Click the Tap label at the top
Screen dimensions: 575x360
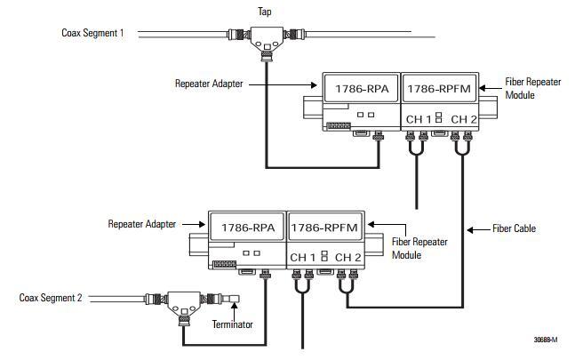click(265, 12)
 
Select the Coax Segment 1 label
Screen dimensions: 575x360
click(92, 33)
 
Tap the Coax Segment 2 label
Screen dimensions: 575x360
click(51, 298)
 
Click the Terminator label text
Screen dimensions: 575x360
click(233, 324)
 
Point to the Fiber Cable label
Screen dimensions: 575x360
click(514, 228)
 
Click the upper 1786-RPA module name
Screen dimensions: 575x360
click(362, 89)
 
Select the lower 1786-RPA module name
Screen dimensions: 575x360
click(248, 228)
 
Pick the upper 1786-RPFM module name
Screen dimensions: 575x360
click(439, 89)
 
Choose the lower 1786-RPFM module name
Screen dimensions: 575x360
click(324, 228)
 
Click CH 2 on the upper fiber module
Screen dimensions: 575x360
click(464, 119)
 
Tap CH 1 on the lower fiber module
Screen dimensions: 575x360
click(302, 258)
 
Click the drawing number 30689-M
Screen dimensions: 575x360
click(546, 340)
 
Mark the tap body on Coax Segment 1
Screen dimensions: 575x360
click(267, 39)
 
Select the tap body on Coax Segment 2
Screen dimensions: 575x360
click(184, 303)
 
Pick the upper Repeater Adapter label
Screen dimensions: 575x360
click(209, 84)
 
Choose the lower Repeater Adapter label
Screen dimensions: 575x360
click(141, 224)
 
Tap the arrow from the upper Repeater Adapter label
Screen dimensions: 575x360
click(283, 85)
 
